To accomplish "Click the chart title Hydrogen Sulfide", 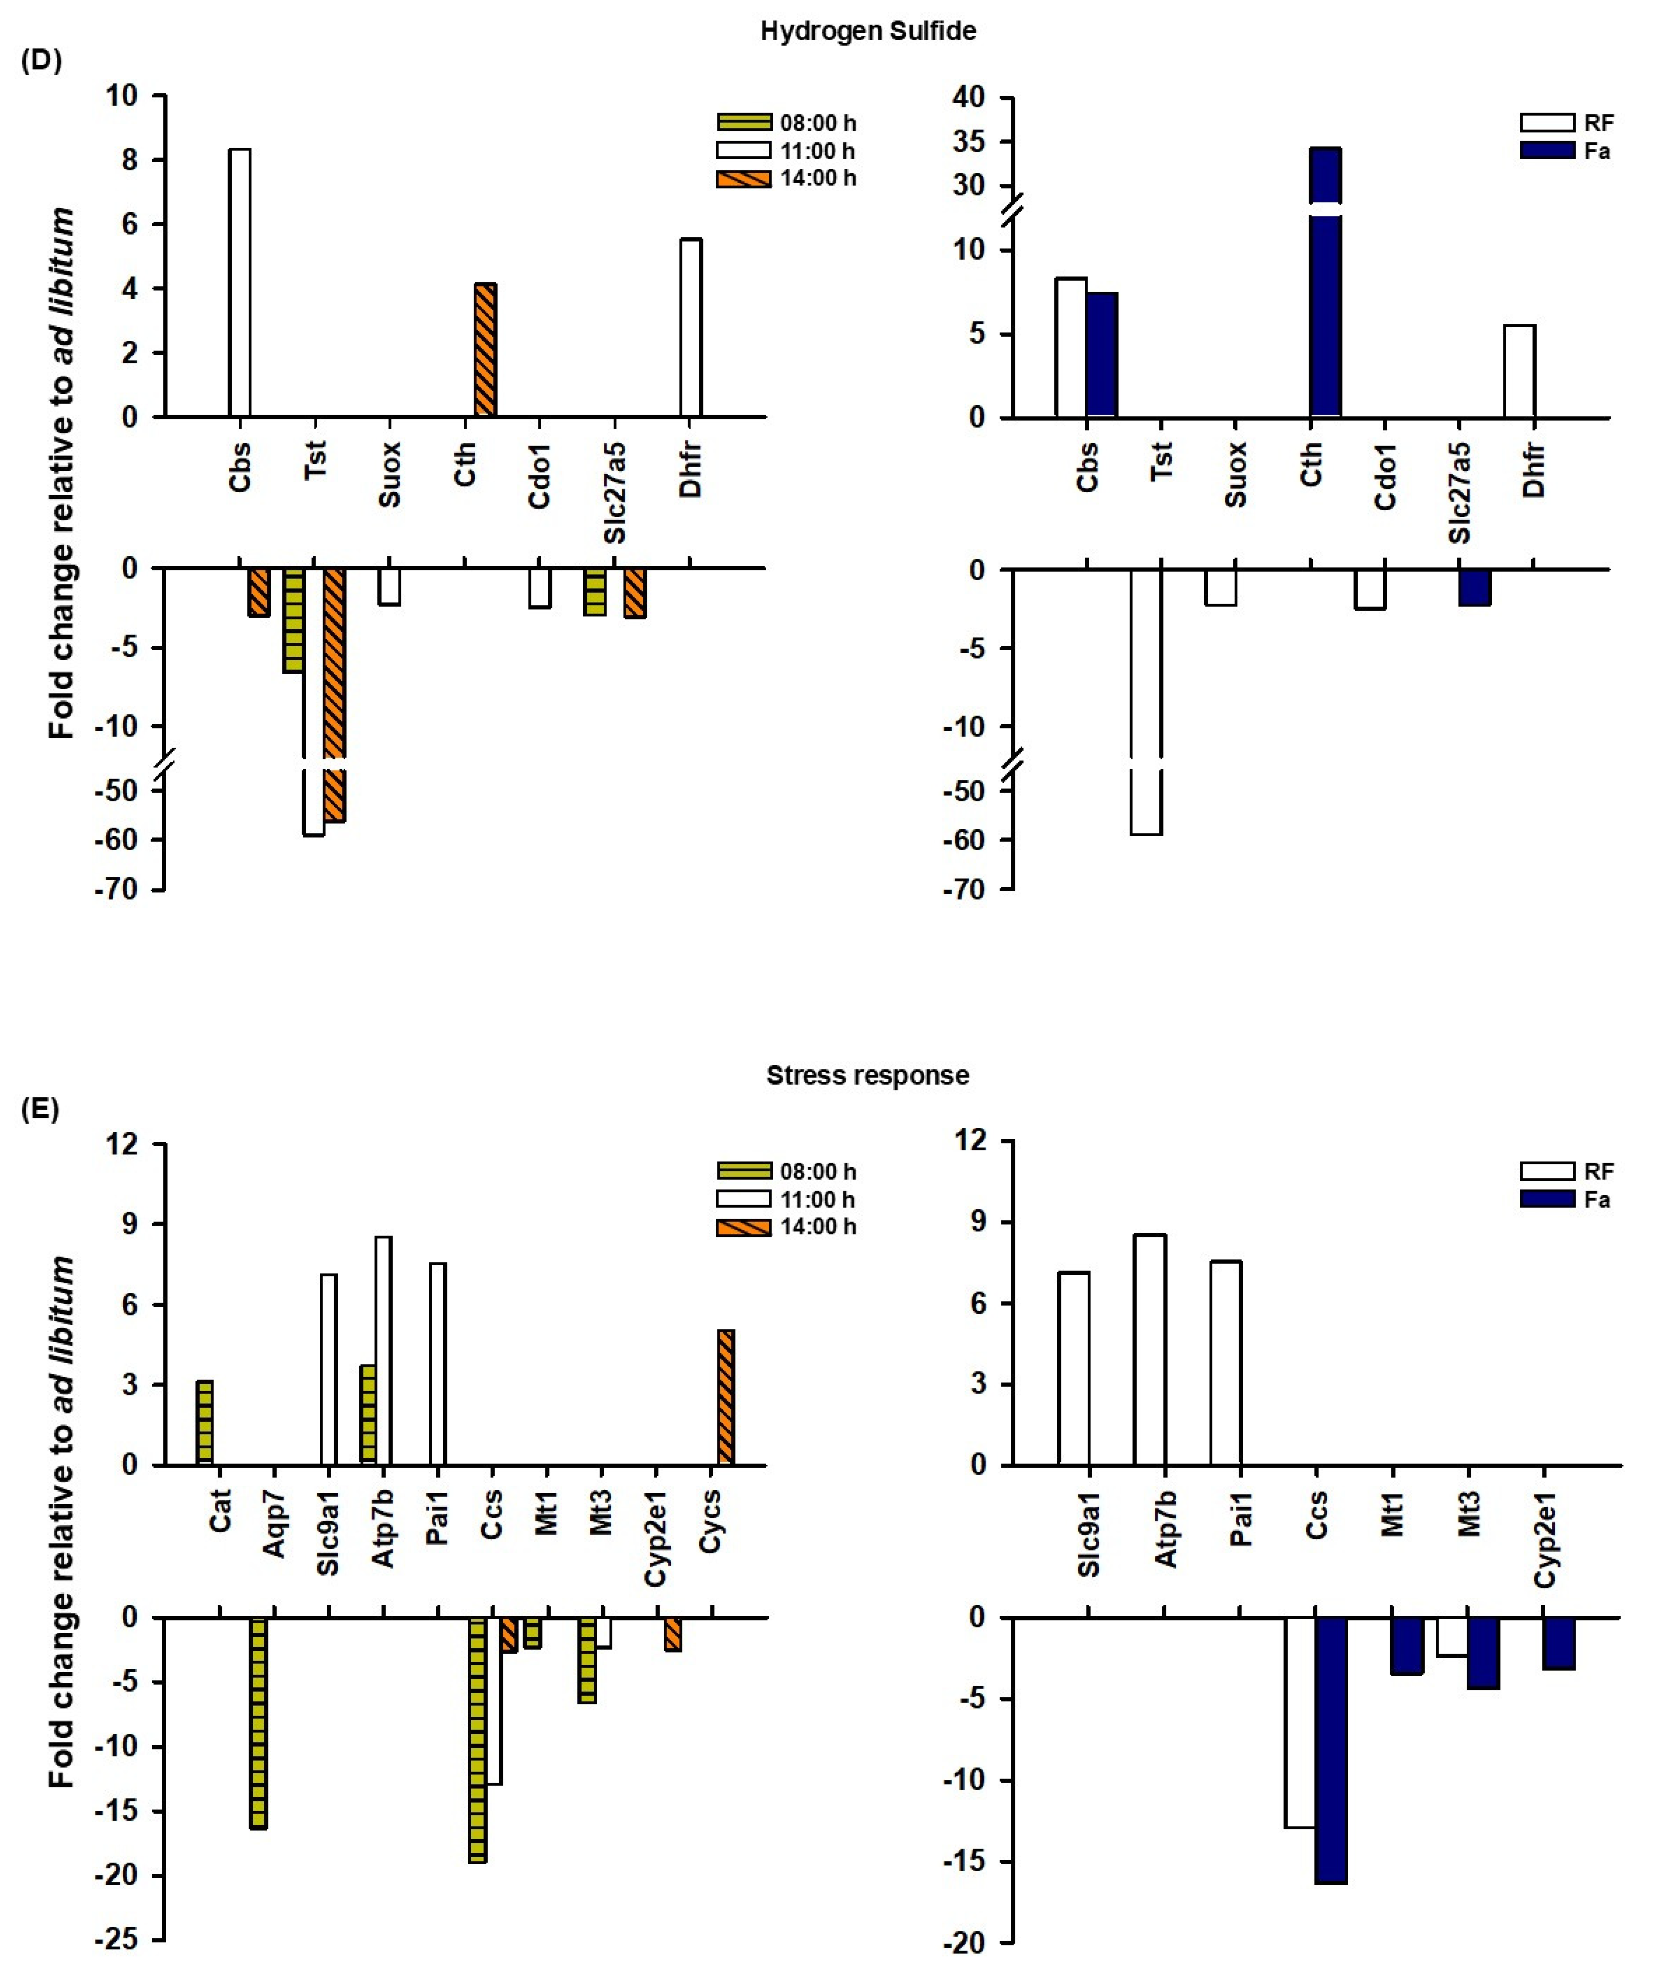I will (868, 31).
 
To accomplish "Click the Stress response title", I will (868, 1075).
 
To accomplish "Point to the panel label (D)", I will (40, 62).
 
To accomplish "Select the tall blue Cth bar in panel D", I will (1325, 282).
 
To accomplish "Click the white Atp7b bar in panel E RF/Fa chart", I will (1149, 1350).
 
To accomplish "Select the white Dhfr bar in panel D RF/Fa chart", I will (1519, 371).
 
